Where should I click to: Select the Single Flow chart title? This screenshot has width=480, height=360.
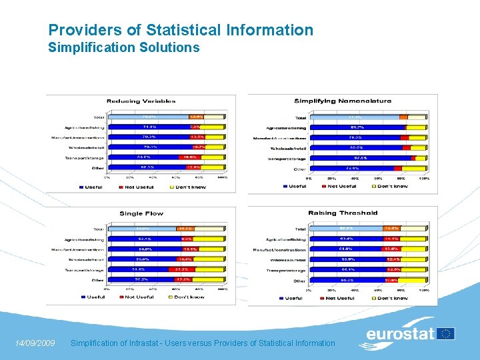click(x=141, y=213)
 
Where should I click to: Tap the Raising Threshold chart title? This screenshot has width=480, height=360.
click(x=343, y=213)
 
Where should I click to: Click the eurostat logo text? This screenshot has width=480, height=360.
click(x=400, y=333)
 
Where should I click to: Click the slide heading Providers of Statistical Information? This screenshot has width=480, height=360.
click(x=181, y=30)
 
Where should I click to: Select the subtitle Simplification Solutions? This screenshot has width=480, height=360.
click(x=124, y=47)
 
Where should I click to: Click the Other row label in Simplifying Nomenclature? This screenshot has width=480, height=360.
click(x=299, y=169)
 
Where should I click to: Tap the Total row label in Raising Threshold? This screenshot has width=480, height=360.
click(x=300, y=229)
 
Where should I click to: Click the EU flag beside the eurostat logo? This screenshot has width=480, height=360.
click(x=446, y=333)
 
